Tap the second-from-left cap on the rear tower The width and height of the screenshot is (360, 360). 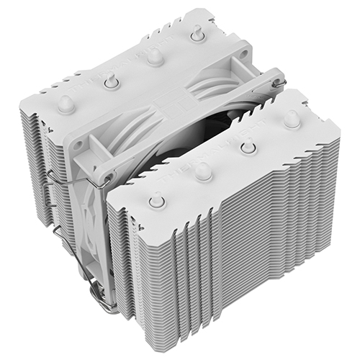(x=109, y=83)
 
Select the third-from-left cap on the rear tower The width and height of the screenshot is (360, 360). (x=153, y=60)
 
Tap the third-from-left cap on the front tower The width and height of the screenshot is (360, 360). (x=248, y=146)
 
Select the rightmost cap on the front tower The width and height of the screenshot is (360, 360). (x=290, y=119)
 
